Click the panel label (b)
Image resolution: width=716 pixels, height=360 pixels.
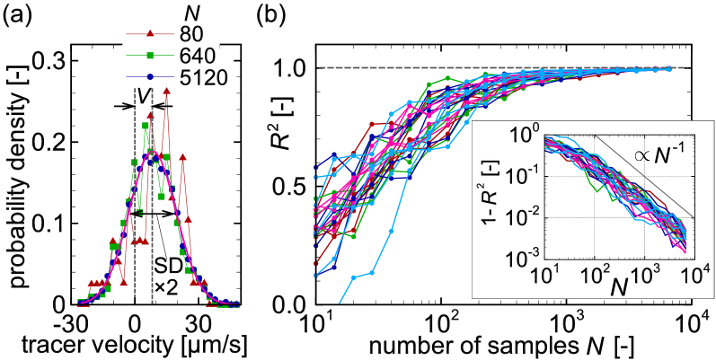[x=274, y=15]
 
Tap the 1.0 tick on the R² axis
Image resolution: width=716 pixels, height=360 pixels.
[x=290, y=68]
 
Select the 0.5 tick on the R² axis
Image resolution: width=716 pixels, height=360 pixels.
[x=290, y=189]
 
